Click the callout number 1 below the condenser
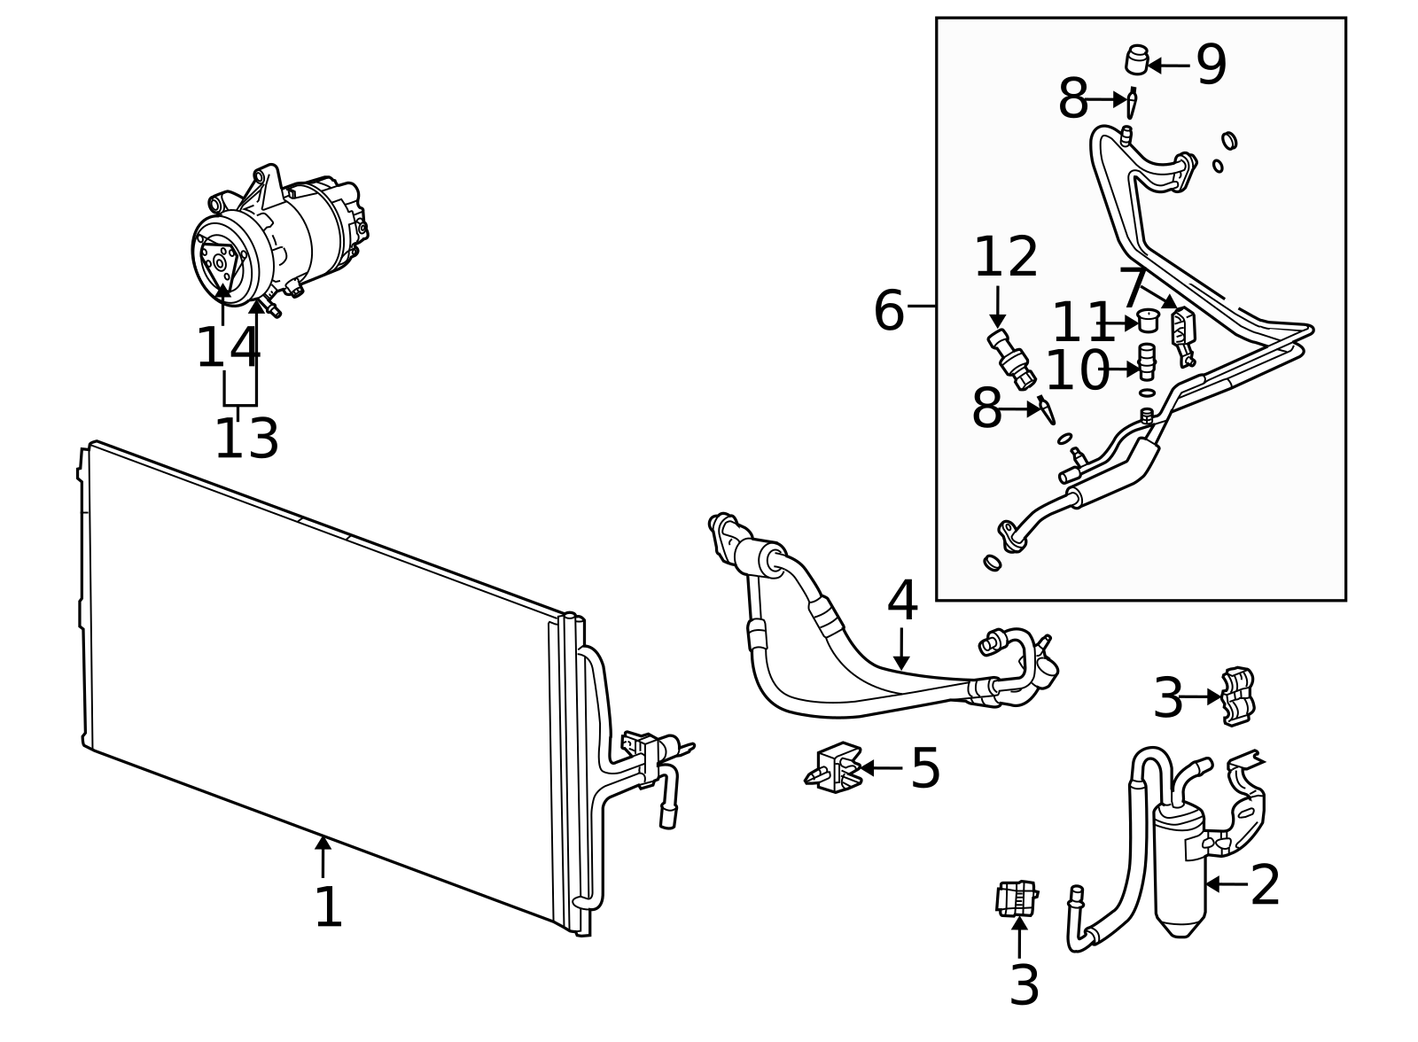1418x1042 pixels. (328, 908)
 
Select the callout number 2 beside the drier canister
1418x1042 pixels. (1265, 885)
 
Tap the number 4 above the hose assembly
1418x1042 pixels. (901, 602)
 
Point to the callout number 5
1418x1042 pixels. (925, 768)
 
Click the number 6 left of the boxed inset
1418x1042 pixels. (888, 311)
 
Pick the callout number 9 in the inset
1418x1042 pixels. (1211, 65)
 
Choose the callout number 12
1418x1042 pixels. (1006, 258)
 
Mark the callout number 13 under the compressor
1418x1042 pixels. (246, 439)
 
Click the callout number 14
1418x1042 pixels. (228, 348)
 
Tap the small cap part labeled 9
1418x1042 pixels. (1136, 60)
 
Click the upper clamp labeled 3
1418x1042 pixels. (1238, 696)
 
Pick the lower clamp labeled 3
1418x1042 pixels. (1017, 898)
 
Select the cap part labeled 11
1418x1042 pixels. (1149, 319)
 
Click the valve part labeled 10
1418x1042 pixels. (1147, 360)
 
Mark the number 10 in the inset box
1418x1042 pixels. (1077, 370)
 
